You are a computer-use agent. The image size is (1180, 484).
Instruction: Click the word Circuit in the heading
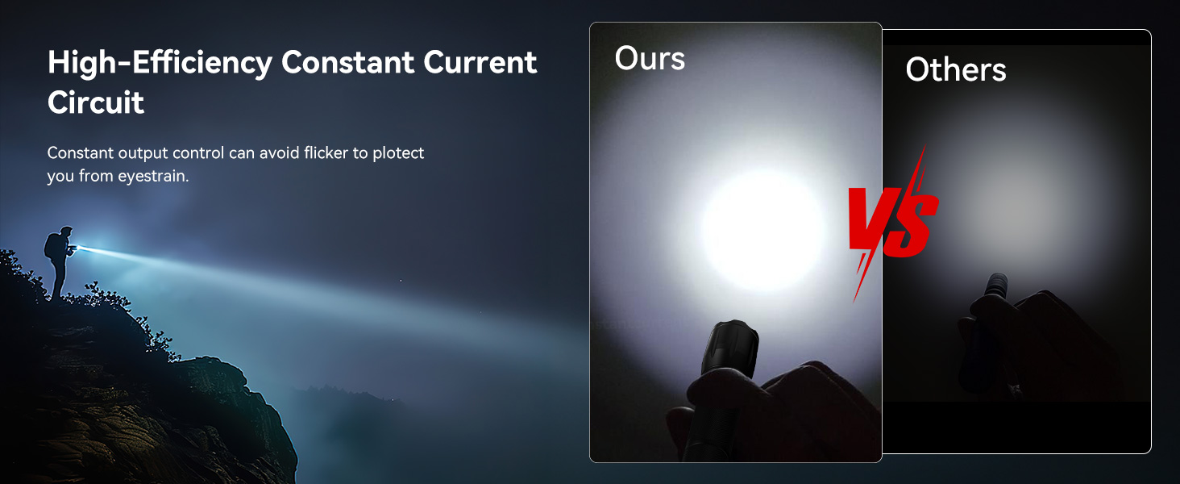coord(95,102)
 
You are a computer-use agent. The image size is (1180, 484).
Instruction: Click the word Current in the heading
coord(480,62)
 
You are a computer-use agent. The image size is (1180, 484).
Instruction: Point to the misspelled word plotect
coord(398,153)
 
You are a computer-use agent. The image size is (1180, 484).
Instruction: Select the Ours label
coord(650,58)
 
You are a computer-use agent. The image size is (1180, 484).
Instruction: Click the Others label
coord(956,69)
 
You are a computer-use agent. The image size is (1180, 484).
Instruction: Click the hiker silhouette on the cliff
coord(59,262)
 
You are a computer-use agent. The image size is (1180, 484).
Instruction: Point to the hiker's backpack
coord(51,245)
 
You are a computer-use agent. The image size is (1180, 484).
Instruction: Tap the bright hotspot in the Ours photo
coord(762,230)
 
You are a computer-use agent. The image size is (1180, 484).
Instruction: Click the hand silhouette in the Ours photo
coord(775,411)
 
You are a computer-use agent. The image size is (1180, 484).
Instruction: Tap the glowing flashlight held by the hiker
coord(74,248)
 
